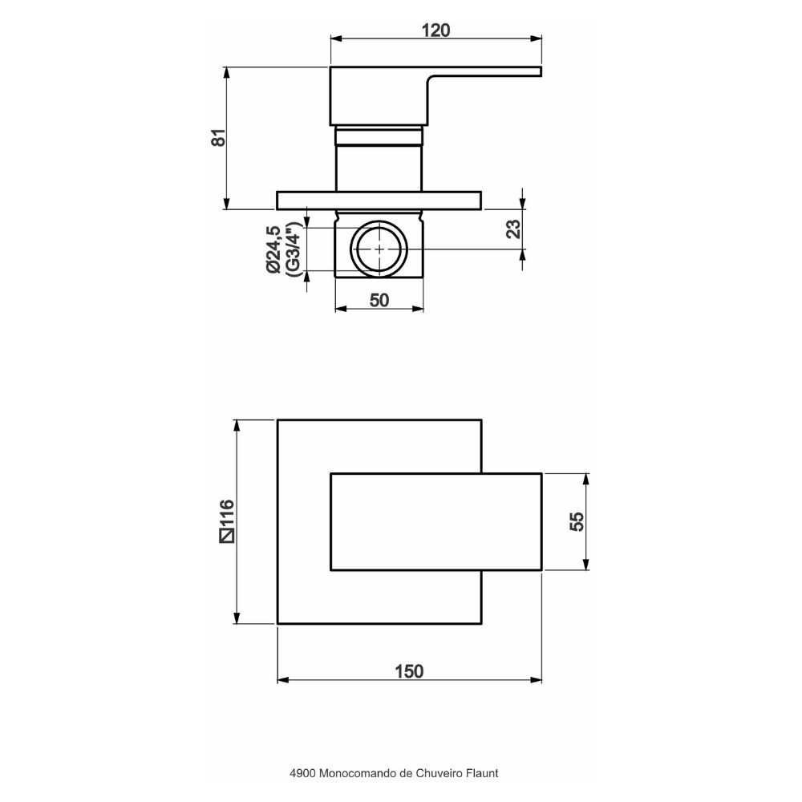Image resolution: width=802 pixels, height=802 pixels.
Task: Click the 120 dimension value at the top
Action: pyautogui.click(x=435, y=30)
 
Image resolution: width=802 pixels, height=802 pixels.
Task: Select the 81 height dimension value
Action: pyautogui.click(x=218, y=138)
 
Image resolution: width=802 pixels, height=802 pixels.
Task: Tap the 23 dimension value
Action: pyautogui.click(x=513, y=229)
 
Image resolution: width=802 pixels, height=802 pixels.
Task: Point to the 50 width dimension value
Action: pyautogui.click(x=379, y=300)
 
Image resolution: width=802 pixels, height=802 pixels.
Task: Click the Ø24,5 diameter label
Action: pyautogui.click(x=273, y=249)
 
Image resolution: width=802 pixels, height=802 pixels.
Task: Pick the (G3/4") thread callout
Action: pyautogui.click(x=292, y=249)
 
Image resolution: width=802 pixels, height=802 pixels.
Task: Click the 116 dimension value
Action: pyautogui.click(x=227, y=513)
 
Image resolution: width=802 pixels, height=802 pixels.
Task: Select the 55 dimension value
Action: pyautogui.click(x=577, y=521)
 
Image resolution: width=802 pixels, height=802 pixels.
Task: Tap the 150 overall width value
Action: pyautogui.click(x=409, y=671)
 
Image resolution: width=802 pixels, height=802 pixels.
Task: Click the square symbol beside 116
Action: pyautogui.click(x=227, y=536)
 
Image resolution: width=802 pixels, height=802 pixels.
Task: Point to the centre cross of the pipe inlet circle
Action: pyautogui.click(x=379, y=249)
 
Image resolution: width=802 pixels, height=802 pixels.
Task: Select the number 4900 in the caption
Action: pyautogui.click(x=302, y=773)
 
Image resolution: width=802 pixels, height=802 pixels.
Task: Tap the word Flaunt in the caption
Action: pyautogui.click(x=481, y=773)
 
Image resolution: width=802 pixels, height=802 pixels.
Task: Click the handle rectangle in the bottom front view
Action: pyautogui.click(x=435, y=522)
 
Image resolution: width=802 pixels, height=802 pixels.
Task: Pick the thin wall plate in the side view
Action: pyautogui.click(x=379, y=200)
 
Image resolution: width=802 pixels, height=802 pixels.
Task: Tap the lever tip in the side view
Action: pyautogui.click(x=541, y=71)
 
